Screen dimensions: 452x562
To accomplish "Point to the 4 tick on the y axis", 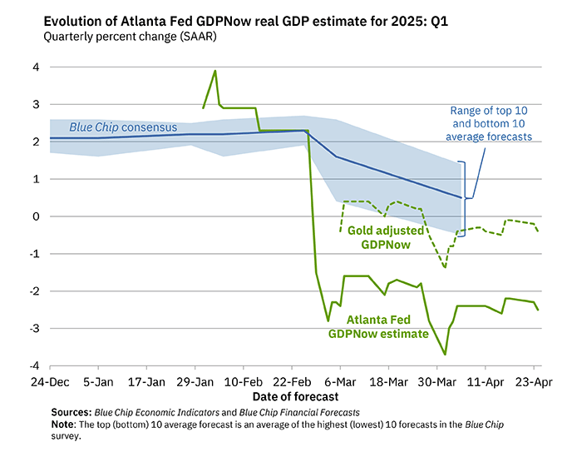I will tap(34, 67).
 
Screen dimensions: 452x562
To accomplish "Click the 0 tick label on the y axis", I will tap(34, 216).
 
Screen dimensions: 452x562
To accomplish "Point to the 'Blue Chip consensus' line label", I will tap(123, 127).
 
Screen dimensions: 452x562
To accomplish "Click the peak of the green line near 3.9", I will tap(215, 71).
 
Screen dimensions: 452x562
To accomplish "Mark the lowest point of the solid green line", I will tap(445, 355).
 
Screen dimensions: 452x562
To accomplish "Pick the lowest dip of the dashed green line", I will tap(445, 267).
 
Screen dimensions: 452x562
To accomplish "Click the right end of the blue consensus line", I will tap(461, 198).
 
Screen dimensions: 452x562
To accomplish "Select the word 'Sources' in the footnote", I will tap(71, 411).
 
